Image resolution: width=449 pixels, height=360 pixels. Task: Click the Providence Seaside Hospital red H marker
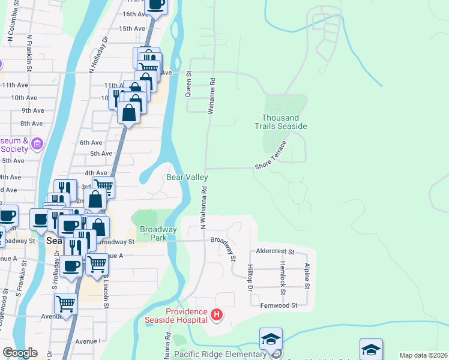217,314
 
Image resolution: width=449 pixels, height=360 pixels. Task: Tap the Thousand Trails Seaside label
284,122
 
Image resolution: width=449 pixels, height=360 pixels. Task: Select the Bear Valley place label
187,178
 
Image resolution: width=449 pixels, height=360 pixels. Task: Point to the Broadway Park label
158,233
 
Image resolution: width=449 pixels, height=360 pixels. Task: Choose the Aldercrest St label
275,253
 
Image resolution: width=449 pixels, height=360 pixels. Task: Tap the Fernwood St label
279,305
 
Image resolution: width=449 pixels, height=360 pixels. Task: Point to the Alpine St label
307,275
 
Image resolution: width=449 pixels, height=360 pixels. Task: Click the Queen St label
188,83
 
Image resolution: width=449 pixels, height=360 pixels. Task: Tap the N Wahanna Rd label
203,208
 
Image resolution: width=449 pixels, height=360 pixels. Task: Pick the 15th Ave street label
132,28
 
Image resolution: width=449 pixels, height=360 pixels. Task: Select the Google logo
19,353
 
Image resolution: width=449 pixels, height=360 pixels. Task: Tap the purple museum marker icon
37,143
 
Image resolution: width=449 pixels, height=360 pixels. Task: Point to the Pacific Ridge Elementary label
220,354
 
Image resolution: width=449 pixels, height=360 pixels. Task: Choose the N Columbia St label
10,24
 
